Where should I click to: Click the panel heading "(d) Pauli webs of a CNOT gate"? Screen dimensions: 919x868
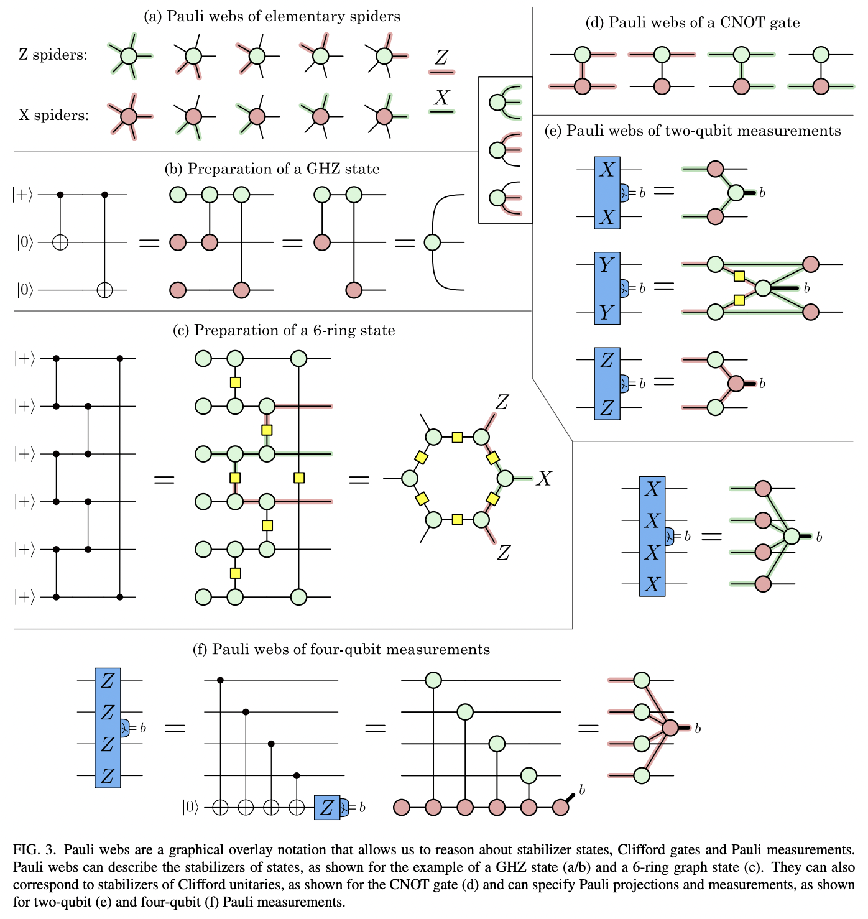[x=693, y=23]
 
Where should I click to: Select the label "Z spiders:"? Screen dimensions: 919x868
[x=53, y=55]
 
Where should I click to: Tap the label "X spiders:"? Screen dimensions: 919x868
[x=53, y=115]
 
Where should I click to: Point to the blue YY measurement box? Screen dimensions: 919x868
[x=607, y=289]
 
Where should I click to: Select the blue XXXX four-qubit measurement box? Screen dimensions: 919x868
[x=652, y=537]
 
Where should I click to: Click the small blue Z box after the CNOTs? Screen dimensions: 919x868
[x=327, y=808]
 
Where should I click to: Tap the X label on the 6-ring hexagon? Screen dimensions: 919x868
[x=544, y=478]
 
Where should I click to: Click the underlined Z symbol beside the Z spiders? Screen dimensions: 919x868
[x=441, y=59]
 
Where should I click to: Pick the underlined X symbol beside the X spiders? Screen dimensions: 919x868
[x=441, y=99]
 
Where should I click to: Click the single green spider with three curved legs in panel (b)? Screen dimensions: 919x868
[x=432, y=242]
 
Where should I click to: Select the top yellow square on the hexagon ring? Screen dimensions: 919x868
[x=458, y=437]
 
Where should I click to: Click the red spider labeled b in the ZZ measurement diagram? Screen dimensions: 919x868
[x=736, y=384]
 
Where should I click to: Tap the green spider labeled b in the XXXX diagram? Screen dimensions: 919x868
[x=792, y=536]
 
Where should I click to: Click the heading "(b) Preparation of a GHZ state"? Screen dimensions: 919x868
[x=272, y=169]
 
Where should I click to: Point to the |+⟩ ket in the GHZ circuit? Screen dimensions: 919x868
[x=24, y=195]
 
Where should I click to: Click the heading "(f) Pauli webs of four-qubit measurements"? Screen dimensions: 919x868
[x=341, y=650]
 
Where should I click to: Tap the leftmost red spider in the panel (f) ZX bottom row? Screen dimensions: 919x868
[x=402, y=808]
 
